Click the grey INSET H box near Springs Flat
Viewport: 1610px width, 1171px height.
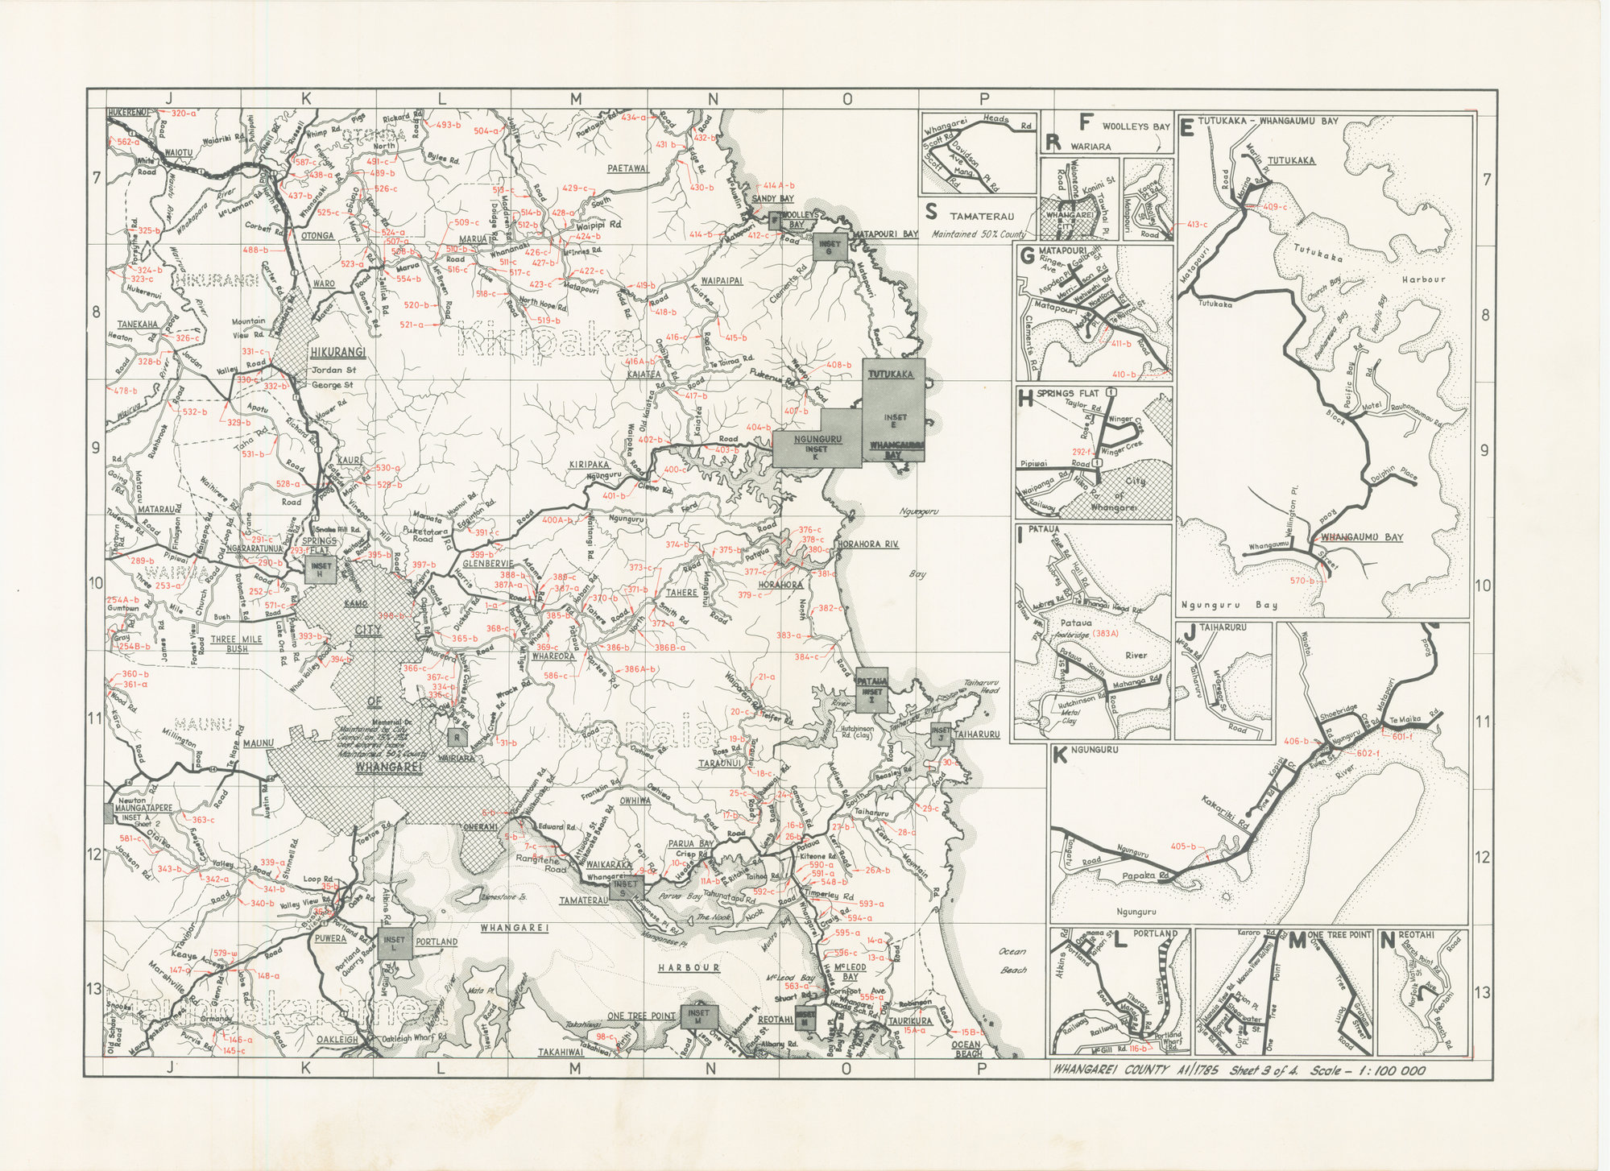pyautogui.click(x=320, y=569)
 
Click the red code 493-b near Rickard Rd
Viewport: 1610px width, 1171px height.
pyautogui.click(x=448, y=125)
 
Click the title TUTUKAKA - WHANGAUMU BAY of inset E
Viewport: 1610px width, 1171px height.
pyautogui.click(x=1268, y=121)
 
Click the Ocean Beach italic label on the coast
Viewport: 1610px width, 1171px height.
pyautogui.click(x=1013, y=960)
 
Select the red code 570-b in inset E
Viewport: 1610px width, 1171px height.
pyautogui.click(x=1302, y=581)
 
